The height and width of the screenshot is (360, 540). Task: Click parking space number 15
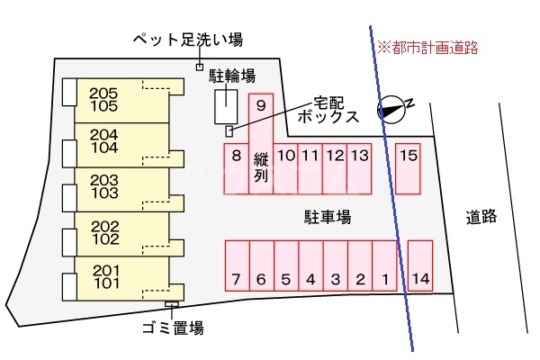(x=409, y=168)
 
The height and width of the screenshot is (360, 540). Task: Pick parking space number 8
(x=236, y=168)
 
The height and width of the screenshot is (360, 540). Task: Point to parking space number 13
(x=359, y=168)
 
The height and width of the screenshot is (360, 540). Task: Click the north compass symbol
(x=392, y=108)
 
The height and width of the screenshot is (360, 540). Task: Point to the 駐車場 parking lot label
(x=327, y=216)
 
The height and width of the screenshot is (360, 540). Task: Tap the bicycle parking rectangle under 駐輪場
(x=226, y=108)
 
